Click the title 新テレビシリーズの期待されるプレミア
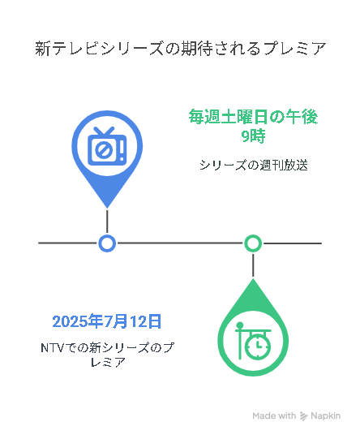[181, 49]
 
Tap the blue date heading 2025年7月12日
[107, 321]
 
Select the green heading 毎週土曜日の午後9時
[253, 127]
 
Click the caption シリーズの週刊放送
[254, 166]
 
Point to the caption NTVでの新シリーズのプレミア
[107, 355]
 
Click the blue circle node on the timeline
[107, 243]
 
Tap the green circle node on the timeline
[253, 243]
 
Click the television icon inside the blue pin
[107, 146]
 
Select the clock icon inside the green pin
[254, 342]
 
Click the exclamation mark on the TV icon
[122, 151]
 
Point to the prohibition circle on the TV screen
[104, 150]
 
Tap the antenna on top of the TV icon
[104, 131]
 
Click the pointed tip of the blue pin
[107, 209]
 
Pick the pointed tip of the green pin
[253, 279]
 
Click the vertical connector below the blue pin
[107, 222]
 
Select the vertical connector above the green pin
[253, 265]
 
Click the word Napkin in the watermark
[326, 416]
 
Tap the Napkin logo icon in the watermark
[303, 416]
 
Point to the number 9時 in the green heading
[253, 136]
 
